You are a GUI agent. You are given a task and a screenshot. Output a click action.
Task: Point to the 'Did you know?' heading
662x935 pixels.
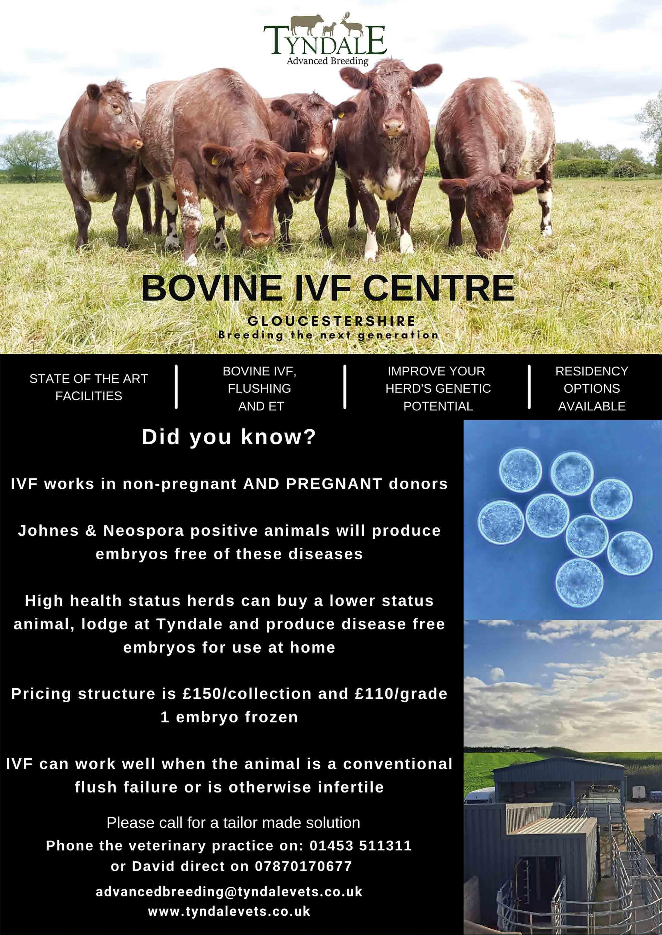(x=229, y=437)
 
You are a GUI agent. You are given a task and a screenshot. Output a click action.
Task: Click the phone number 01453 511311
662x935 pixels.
(x=360, y=846)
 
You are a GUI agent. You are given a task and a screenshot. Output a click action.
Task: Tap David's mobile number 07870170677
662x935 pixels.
(x=303, y=866)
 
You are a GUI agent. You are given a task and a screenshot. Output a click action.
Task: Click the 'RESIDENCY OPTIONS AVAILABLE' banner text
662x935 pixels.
(x=591, y=389)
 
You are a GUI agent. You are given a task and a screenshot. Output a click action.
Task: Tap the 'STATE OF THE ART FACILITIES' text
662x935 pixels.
(x=89, y=387)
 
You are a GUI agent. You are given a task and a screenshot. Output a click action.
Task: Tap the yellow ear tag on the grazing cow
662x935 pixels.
(x=215, y=160)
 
